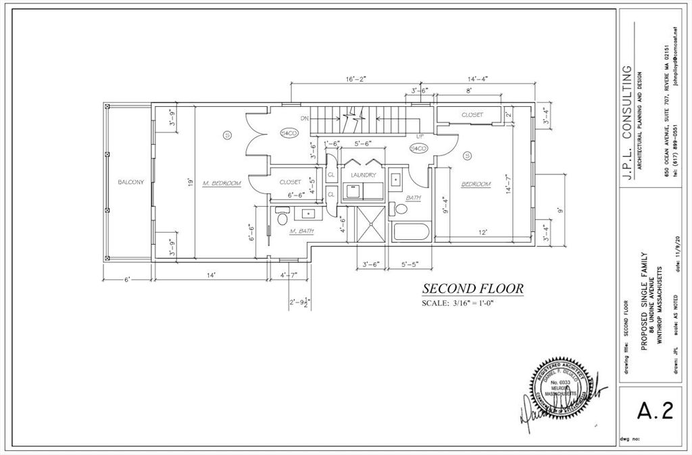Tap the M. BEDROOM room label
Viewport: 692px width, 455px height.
click(x=222, y=183)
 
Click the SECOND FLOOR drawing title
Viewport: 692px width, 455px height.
click(x=472, y=289)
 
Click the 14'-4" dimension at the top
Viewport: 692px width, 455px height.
click(x=482, y=79)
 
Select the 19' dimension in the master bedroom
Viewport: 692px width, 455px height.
click(x=191, y=183)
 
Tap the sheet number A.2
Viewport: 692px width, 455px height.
click(x=655, y=412)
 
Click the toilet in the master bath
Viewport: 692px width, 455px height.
click(x=282, y=218)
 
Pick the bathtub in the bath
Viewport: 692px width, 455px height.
click(x=411, y=234)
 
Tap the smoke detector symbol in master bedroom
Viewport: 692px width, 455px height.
click(x=228, y=136)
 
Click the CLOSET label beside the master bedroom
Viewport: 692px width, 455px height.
click(x=290, y=182)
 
